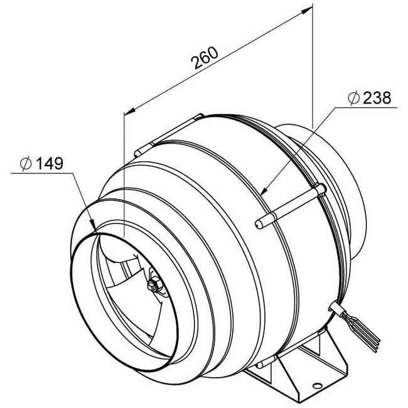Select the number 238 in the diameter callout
[x=376, y=97]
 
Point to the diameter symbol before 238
[x=353, y=98]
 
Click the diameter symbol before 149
[x=26, y=164]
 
